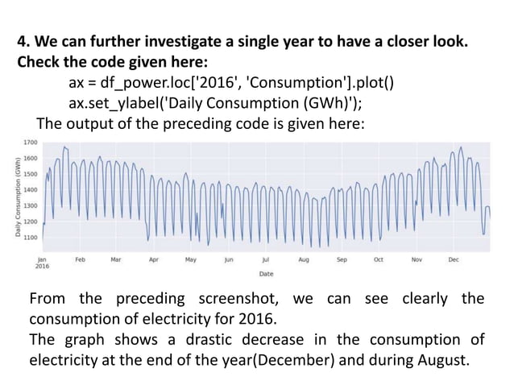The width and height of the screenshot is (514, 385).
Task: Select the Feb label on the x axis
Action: (x=80, y=260)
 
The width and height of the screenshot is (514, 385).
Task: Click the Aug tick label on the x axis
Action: (x=304, y=260)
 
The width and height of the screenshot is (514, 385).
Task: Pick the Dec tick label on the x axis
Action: (x=453, y=260)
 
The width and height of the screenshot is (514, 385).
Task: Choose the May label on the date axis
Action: (x=191, y=260)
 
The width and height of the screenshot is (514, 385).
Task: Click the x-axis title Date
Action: (x=266, y=274)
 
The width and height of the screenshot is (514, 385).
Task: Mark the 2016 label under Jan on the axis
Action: (x=42, y=267)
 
